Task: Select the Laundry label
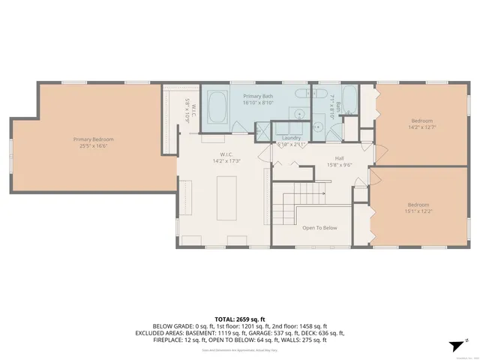click(291, 138)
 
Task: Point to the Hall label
click(339, 159)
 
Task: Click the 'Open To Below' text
click(319, 227)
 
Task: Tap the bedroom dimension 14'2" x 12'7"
click(422, 127)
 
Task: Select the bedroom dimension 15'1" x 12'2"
click(418, 211)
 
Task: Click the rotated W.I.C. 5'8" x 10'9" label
click(190, 110)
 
